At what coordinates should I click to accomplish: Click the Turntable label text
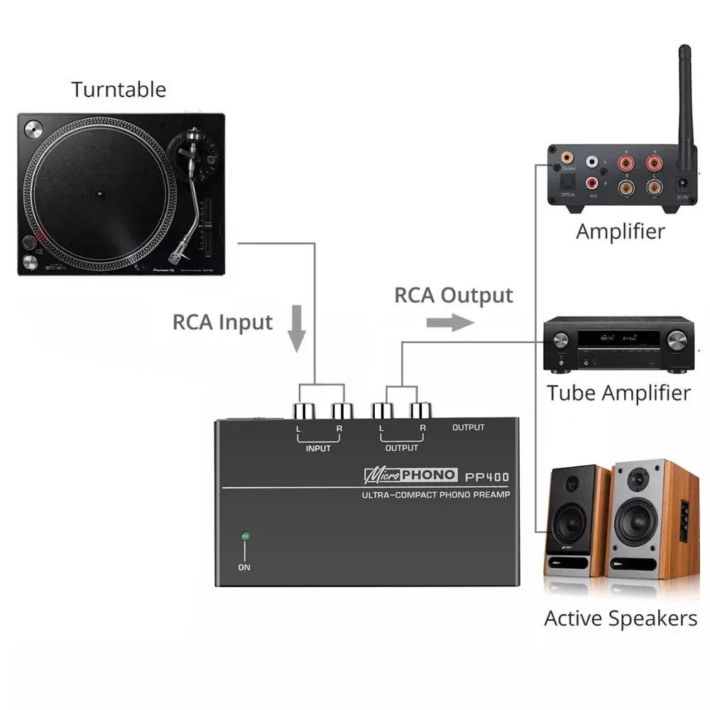[x=119, y=89]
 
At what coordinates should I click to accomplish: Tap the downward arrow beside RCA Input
[x=297, y=329]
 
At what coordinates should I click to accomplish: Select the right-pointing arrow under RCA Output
[x=450, y=322]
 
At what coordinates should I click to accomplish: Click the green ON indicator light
[x=244, y=536]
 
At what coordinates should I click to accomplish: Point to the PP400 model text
[x=487, y=476]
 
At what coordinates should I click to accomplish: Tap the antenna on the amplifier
[x=685, y=99]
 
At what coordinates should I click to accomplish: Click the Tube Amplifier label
[x=618, y=393]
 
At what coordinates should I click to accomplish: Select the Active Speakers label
[x=621, y=618]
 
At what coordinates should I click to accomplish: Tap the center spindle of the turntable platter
[x=100, y=192]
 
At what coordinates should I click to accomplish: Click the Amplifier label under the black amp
[x=620, y=231]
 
